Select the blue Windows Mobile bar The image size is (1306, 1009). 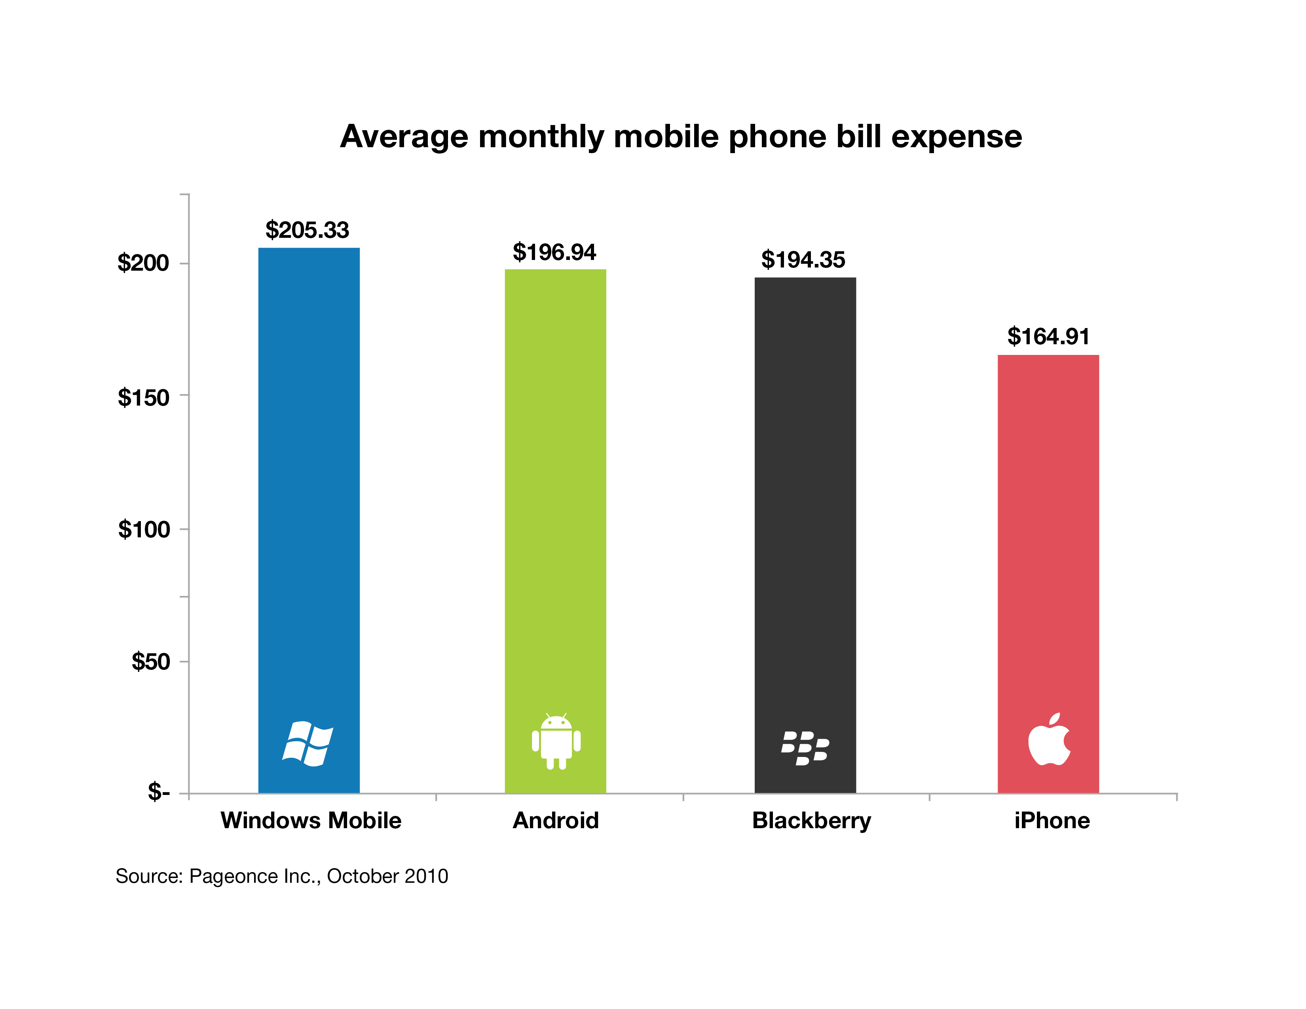309,478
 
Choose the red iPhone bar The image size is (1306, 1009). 1048,538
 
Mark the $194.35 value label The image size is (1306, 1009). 803,260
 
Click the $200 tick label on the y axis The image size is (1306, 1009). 144,263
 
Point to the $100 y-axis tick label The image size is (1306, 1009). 144,529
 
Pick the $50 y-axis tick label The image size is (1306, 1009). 151,662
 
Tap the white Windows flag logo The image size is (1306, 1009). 308,744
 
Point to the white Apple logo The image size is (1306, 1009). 1049,740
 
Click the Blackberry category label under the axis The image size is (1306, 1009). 811,821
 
